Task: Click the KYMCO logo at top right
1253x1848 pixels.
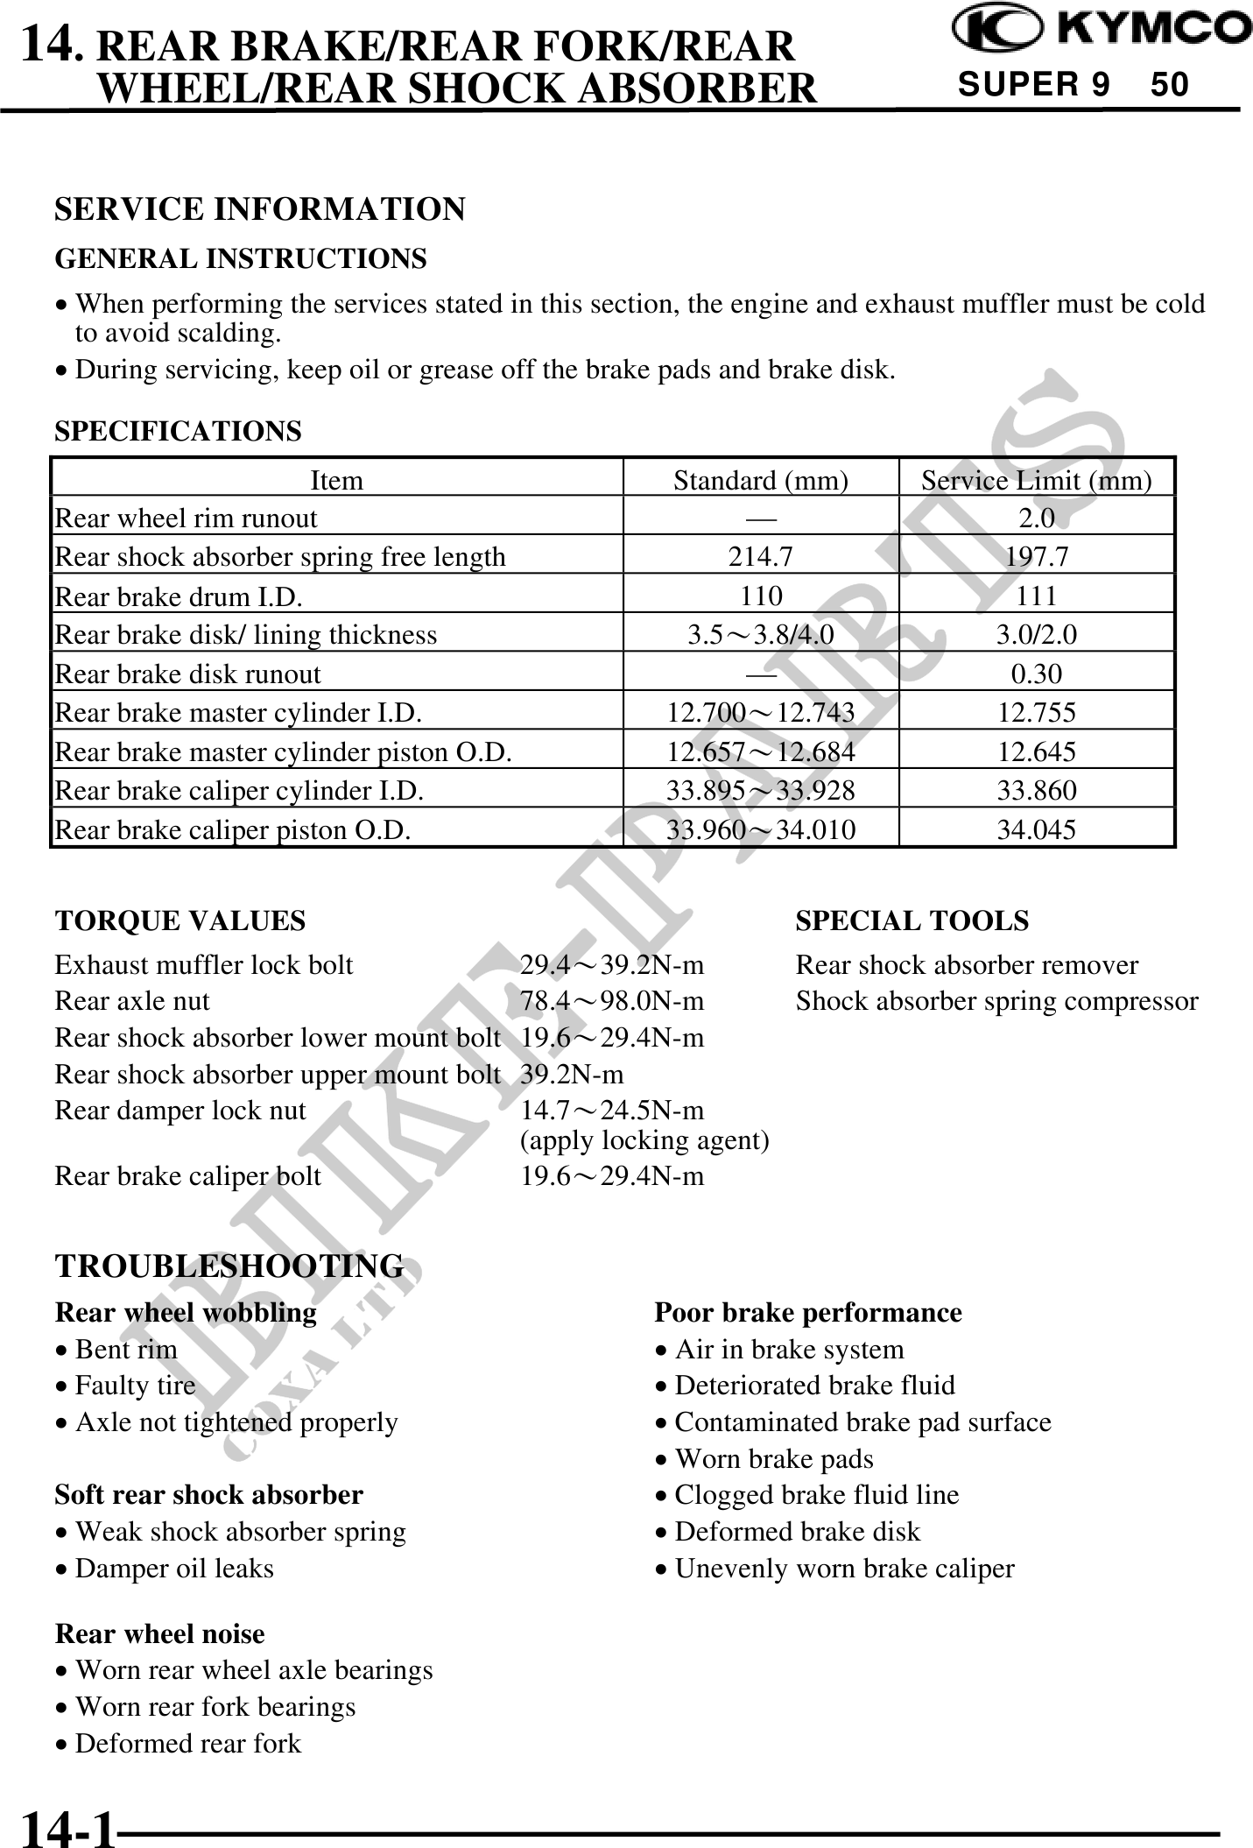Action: [1102, 29]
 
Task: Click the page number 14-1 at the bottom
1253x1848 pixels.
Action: [68, 1829]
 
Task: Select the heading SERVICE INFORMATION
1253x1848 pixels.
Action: [260, 209]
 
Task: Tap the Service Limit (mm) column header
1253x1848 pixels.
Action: [1036, 480]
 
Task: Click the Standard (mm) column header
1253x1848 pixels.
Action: [760, 480]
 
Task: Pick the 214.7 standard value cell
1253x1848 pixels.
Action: [760, 557]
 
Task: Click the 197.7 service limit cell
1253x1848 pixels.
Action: [1036, 557]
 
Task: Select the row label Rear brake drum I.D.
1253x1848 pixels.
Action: [179, 596]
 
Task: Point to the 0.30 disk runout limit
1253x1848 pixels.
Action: [1036, 674]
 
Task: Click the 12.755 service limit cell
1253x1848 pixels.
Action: [1036, 713]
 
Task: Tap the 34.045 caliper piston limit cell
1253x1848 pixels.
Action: [1036, 829]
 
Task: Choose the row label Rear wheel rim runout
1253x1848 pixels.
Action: [186, 518]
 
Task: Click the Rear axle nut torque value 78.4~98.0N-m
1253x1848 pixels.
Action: [612, 1001]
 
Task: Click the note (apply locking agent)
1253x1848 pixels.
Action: [644, 1140]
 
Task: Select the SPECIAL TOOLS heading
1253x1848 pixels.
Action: [912, 920]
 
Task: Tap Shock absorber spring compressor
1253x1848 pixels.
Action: [996, 1001]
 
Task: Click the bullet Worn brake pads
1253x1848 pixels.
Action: [773, 1458]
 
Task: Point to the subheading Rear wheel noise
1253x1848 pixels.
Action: [159, 1633]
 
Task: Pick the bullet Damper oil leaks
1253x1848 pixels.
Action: [173, 1568]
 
